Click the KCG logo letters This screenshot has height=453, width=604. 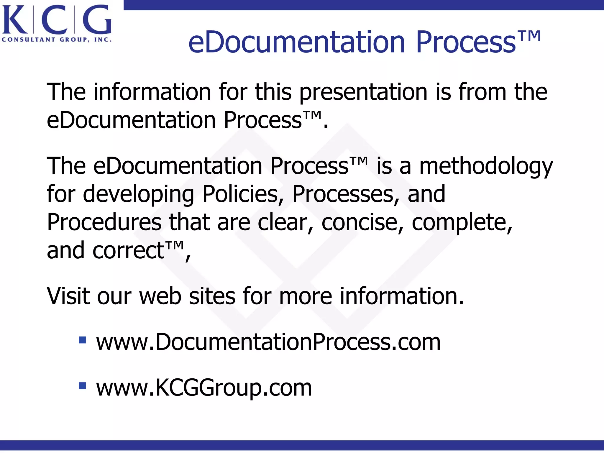tap(57, 20)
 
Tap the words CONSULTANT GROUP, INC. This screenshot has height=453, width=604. tap(57, 40)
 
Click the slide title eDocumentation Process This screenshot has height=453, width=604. tap(364, 43)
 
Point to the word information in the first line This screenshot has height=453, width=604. tap(152, 92)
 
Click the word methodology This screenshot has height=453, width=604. tap(486, 166)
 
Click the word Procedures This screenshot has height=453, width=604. tap(104, 222)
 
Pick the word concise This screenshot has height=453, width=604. tap(362, 222)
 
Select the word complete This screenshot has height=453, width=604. tap(462, 222)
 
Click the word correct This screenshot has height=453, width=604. tap(128, 251)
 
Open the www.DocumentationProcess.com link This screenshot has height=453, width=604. tap(268, 342)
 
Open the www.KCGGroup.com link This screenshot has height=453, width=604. tap(204, 388)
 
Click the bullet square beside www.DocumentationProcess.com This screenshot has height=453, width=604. tap(82, 340)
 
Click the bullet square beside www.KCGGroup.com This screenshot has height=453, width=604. tap(82, 386)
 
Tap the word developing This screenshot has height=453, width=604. tap(138, 194)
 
